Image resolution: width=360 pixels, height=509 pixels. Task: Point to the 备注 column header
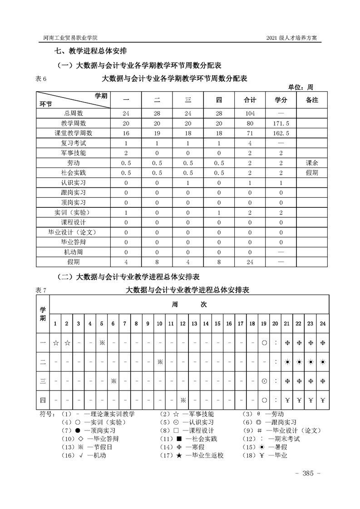click(312, 100)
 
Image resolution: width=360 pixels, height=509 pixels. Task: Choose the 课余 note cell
click(312, 163)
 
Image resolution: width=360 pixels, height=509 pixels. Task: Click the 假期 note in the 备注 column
click(312, 173)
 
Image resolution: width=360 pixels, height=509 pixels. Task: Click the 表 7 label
click(41, 290)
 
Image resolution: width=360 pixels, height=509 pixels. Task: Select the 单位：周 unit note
click(301, 87)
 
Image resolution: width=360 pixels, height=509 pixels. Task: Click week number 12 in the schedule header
click(182, 323)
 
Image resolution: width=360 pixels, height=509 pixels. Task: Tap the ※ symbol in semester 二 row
click(160, 362)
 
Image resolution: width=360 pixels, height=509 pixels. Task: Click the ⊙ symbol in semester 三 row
click(264, 381)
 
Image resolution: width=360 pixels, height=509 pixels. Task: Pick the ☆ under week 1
click(55, 343)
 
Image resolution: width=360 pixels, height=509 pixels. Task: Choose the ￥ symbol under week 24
click(322, 400)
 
